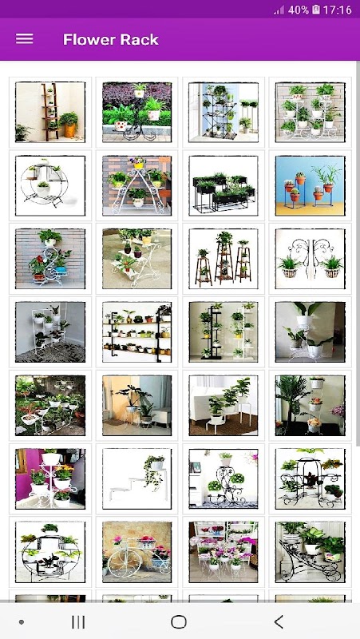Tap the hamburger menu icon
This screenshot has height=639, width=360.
pyautogui.click(x=25, y=38)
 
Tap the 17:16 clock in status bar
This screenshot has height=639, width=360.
pyautogui.click(x=337, y=10)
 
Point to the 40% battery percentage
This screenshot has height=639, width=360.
pyautogui.click(x=299, y=10)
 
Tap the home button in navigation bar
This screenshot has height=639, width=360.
pyautogui.click(x=179, y=622)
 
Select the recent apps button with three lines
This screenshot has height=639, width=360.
pyautogui.click(x=78, y=622)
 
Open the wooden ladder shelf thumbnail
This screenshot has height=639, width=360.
pyautogui.click(x=50, y=112)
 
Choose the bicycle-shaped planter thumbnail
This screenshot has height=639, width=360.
pyautogui.click(x=136, y=552)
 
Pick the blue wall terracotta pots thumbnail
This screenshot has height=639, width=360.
pyautogui.click(x=311, y=185)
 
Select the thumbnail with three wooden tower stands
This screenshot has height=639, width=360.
pyautogui.click(x=224, y=259)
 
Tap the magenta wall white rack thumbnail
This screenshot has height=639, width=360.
pyautogui.click(x=50, y=478)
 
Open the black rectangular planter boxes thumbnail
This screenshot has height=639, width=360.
pyautogui.click(x=224, y=185)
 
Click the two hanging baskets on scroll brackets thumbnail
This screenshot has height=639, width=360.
pyautogui.click(x=311, y=259)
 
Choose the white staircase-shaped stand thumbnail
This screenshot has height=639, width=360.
pyautogui.click(x=136, y=478)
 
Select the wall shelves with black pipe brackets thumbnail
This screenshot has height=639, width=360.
pyautogui.click(x=136, y=332)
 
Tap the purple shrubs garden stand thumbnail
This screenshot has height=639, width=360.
pyautogui.click(x=136, y=112)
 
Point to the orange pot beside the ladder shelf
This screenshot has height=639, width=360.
pyautogui.click(x=69, y=129)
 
